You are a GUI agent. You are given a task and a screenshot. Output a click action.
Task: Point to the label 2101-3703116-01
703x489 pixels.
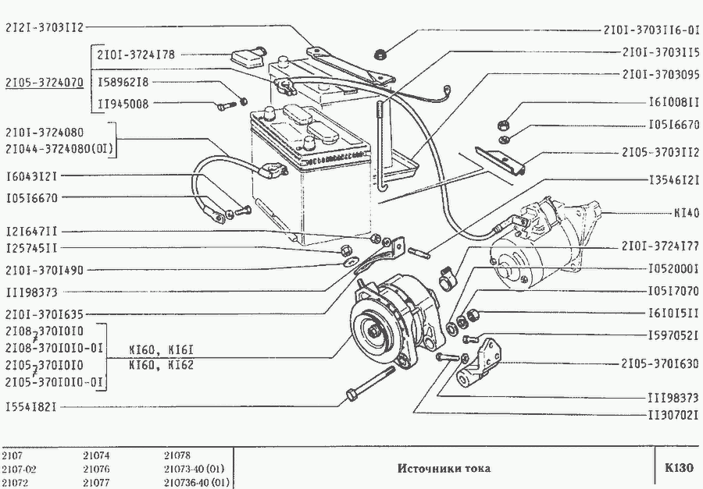click(651, 31)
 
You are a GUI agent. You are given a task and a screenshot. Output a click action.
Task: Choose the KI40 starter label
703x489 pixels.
click(686, 212)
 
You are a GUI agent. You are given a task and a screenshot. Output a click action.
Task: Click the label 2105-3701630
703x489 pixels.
click(660, 363)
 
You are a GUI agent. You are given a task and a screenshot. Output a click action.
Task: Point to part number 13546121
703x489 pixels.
click(673, 179)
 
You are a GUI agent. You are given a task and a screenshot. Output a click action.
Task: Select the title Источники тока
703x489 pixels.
click(444, 470)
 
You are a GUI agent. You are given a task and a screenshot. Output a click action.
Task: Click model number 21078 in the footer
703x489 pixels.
click(178, 455)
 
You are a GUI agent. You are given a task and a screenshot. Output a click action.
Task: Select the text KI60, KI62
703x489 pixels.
click(161, 364)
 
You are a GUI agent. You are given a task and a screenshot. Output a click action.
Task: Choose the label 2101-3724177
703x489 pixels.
click(660, 246)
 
